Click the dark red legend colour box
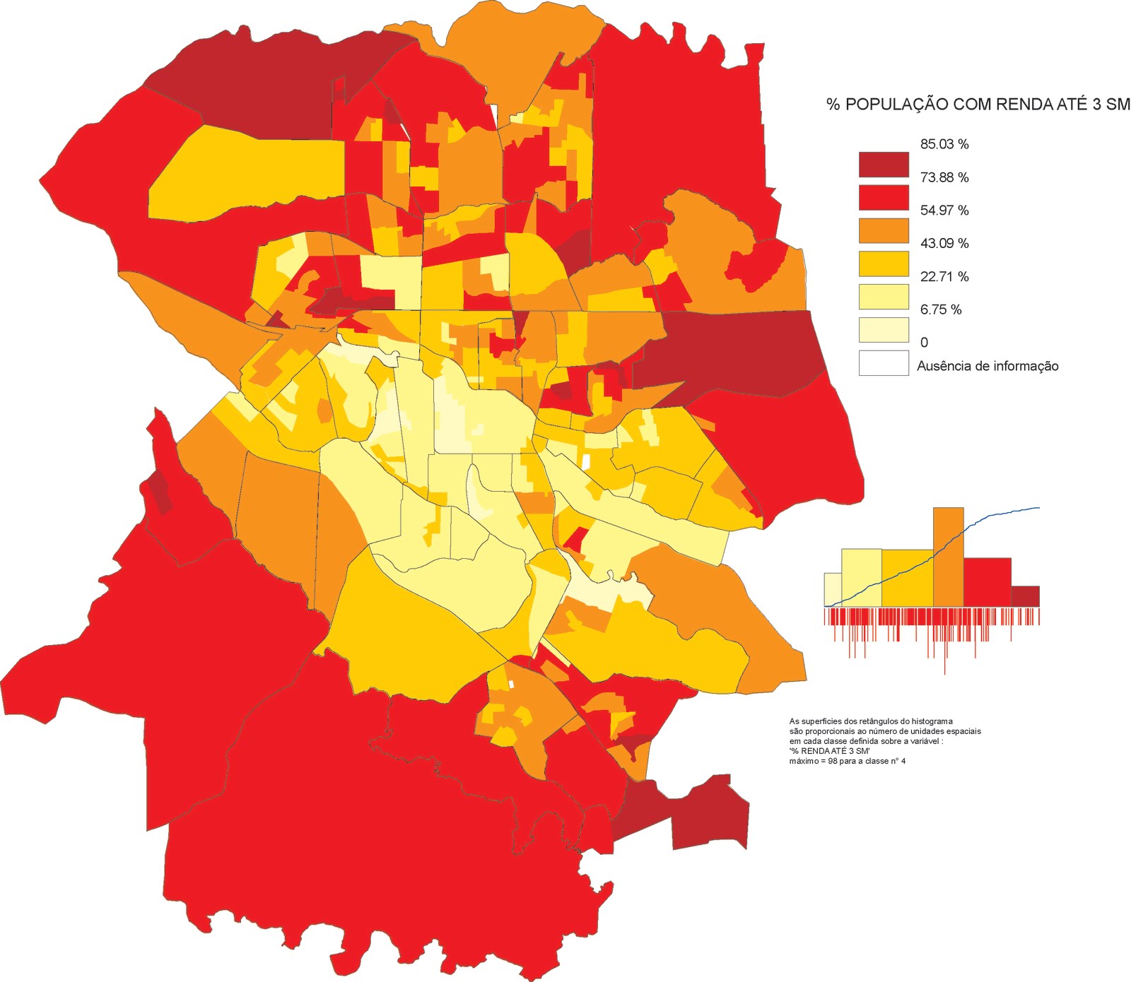(x=883, y=165)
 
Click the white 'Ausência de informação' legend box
(x=883, y=363)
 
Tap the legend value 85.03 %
(x=944, y=144)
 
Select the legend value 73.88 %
(x=944, y=177)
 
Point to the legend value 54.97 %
(x=944, y=211)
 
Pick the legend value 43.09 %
(x=944, y=243)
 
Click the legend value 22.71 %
(x=944, y=276)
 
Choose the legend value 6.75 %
(x=940, y=309)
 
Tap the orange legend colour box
(x=883, y=230)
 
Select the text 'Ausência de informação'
(x=988, y=366)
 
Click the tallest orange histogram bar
(x=948, y=557)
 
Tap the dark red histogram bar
(x=1025, y=596)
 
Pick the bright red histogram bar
(x=987, y=582)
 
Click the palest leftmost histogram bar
(x=833, y=590)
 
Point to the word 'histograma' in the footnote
(x=932, y=721)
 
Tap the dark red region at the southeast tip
(x=707, y=812)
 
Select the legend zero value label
(x=924, y=343)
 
